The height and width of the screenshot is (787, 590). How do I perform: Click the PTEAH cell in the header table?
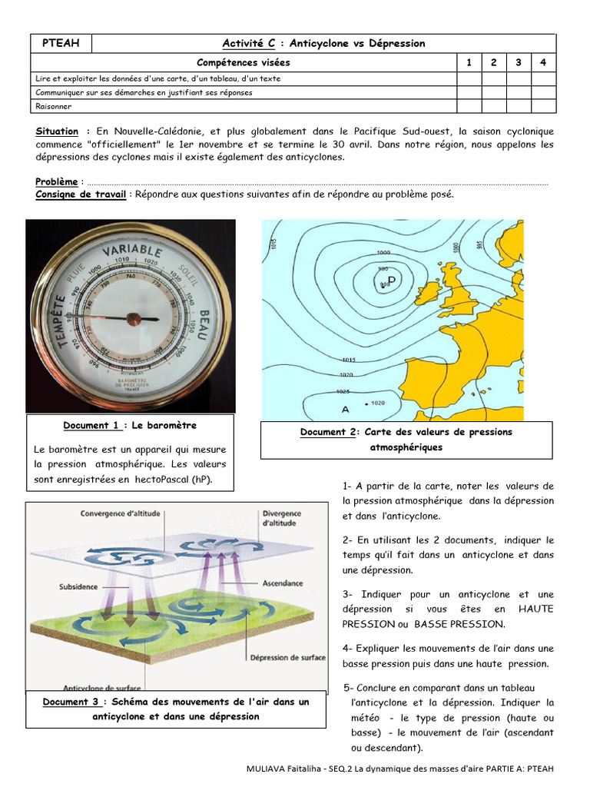(61, 43)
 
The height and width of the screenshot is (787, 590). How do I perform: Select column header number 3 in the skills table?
(519, 62)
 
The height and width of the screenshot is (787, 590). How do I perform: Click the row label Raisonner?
(52, 106)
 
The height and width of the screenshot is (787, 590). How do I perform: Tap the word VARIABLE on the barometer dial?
(132, 252)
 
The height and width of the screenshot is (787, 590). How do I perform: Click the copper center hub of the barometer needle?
(133, 317)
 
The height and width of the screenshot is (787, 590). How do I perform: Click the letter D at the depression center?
(391, 279)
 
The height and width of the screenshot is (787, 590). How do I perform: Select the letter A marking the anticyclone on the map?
(345, 409)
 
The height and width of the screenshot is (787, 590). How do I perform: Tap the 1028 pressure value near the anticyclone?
(378, 403)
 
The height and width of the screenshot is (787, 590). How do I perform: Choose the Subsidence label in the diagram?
(78, 586)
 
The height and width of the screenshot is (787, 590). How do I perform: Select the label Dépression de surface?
(288, 658)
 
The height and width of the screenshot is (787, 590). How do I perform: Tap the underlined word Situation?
(57, 131)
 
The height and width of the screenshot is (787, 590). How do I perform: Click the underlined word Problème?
(57, 181)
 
